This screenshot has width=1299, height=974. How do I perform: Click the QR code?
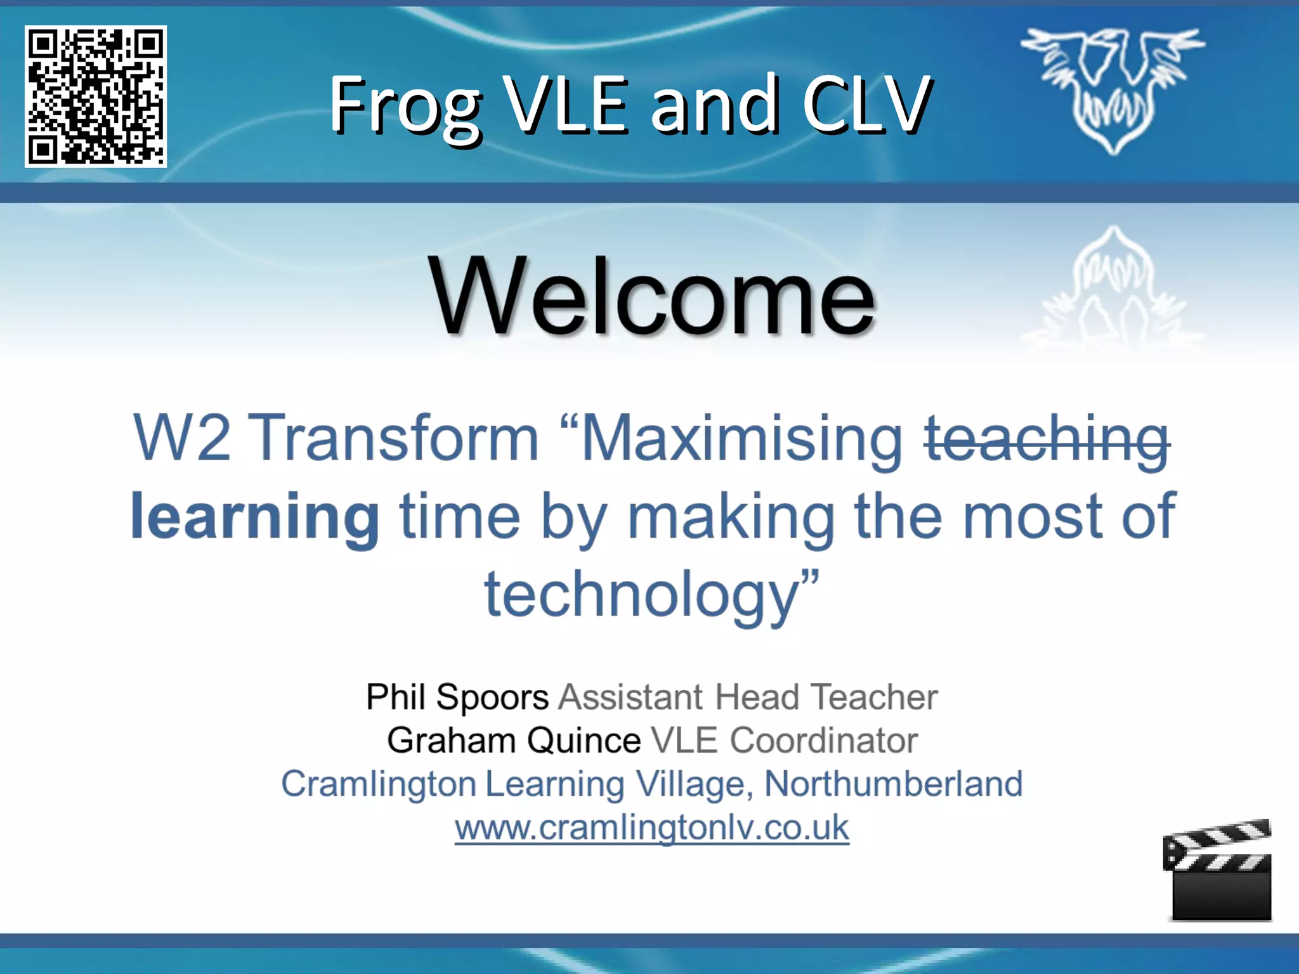click(96, 96)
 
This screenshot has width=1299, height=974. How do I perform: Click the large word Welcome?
click(651, 296)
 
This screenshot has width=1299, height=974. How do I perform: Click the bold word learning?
click(255, 517)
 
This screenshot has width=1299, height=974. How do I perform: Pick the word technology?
click(641, 594)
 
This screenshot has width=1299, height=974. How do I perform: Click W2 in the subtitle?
click(182, 438)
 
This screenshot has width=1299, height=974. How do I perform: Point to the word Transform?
click(398, 438)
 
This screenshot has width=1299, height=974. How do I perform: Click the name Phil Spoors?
click(457, 697)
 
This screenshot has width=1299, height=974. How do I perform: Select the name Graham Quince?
click(514, 740)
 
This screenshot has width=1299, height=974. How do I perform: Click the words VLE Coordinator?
click(785, 740)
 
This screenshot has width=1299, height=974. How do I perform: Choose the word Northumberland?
click(893, 784)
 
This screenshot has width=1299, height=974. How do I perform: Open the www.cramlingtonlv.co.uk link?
click(651, 828)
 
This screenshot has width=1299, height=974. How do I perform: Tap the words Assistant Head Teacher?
click(748, 697)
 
